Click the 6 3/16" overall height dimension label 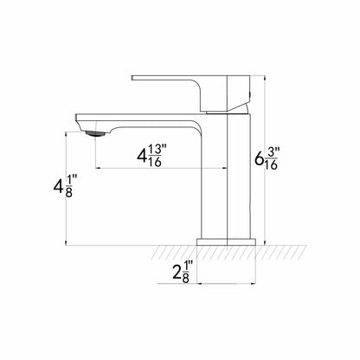click(x=266, y=158)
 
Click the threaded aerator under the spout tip click(x=96, y=133)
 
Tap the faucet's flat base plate click(x=226, y=241)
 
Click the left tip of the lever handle click(x=132, y=78)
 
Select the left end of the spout click(x=77, y=117)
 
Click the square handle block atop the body click(x=238, y=93)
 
